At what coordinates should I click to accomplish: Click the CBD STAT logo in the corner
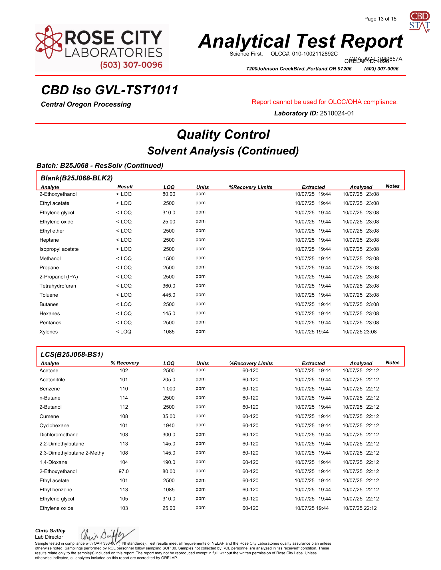click(x=419, y=22)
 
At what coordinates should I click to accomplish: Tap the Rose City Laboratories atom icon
click(x=49, y=42)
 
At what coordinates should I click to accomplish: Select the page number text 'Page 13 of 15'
click(x=380, y=19)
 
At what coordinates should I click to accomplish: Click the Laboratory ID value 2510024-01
click(x=337, y=113)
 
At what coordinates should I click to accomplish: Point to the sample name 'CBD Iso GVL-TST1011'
click(x=110, y=90)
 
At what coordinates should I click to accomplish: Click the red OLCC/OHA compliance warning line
click(x=325, y=102)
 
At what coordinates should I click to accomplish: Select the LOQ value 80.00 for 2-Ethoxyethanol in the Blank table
click(x=169, y=194)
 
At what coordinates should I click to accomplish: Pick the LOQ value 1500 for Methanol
click(x=169, y=258)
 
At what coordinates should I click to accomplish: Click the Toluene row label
click(x=49, y=295)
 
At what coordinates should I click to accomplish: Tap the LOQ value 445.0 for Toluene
click(x=169, y=295)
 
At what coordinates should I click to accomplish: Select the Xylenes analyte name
click(x=49, y=332)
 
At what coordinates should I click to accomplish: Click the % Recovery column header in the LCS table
click(x=125, y=363)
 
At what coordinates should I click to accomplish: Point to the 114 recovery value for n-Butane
click(x=124, y=398)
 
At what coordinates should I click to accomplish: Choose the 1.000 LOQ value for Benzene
click(x=169, y=389)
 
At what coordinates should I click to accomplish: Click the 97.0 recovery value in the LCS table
click(x=124, y=471)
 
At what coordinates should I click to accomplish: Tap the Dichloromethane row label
click(x=59, y=435)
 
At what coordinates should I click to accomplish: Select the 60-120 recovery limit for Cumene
click(x=250, y=416)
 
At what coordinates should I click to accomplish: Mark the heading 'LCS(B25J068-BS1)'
click(x=72, y=354)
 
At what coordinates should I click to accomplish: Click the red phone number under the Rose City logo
click(x=131, y=65)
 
